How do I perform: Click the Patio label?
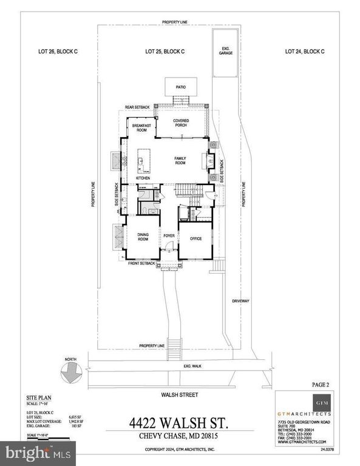(x=181, y=87)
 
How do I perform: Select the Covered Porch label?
(x=181, y=124)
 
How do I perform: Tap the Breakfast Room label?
(x=141, y=128)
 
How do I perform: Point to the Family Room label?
(x=180, y=160)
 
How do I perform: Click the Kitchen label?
(x=143, y=178)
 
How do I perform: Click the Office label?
(x=195, y=239)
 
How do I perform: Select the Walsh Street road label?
(x=181, y=394)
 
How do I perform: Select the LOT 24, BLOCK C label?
(x=305, y=52)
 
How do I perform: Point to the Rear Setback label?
(x=137, y=107)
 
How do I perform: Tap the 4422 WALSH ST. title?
(x=181, y=421)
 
